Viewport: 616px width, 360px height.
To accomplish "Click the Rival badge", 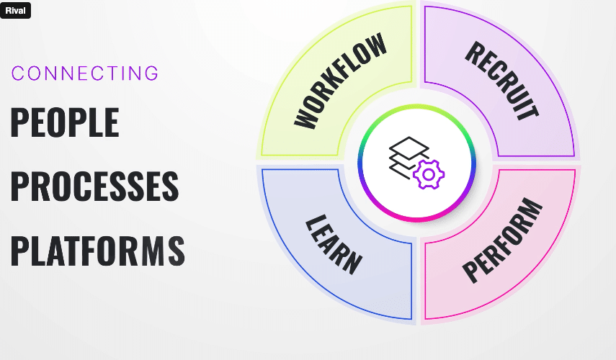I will pos(15,11).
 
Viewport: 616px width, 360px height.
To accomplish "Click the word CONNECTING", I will pos(85,73).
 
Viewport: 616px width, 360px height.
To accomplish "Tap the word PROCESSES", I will pos(94,186).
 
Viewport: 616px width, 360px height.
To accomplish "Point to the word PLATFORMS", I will pos(97,249).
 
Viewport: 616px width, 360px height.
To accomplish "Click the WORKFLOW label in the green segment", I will pos(340,81).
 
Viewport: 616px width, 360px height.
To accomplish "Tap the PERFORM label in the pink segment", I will pos(501,241).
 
